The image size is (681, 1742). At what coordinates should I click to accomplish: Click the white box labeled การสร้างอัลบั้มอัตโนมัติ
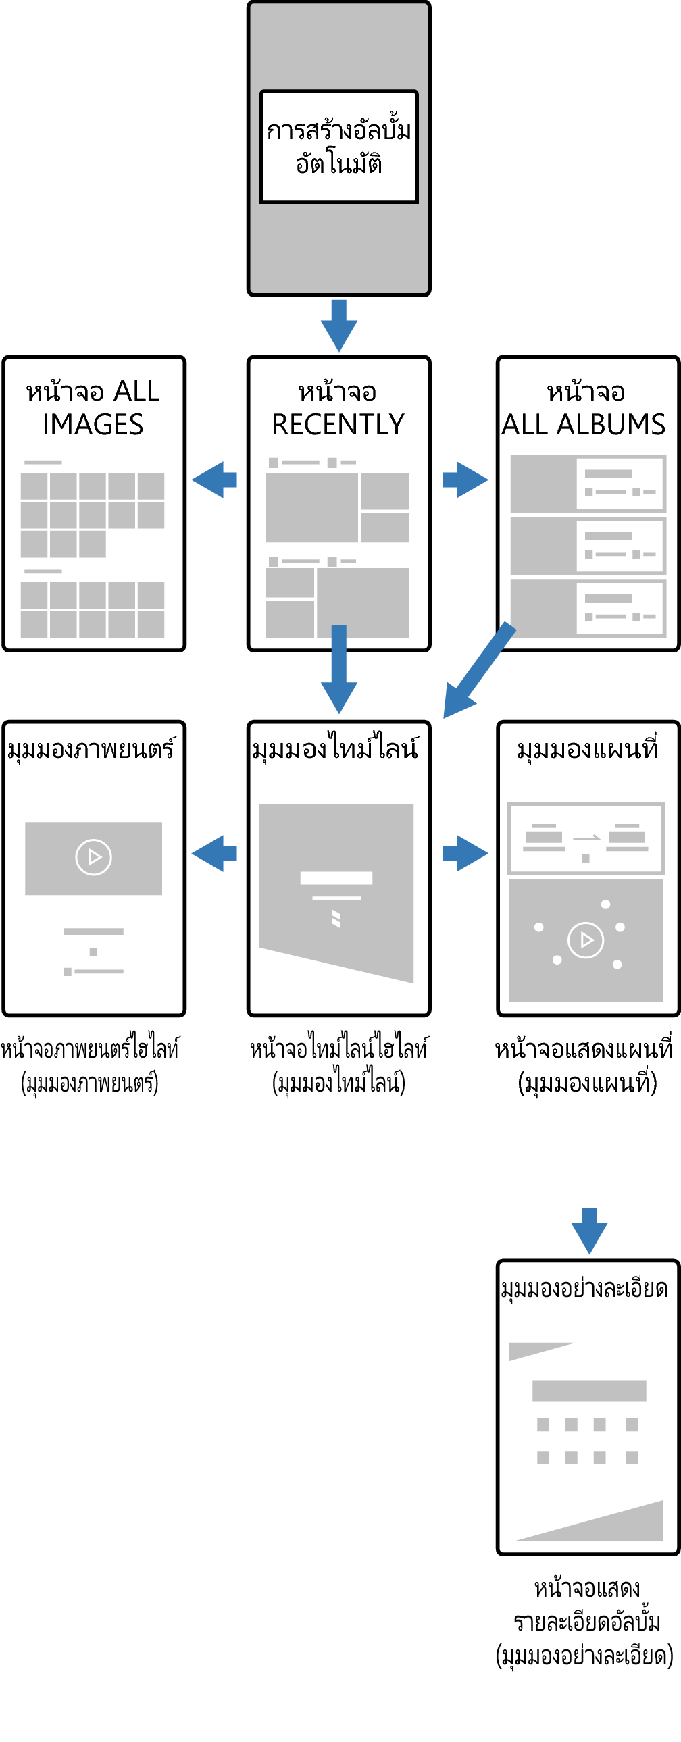(338, 146)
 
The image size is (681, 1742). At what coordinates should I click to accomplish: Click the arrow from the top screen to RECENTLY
(338, 325)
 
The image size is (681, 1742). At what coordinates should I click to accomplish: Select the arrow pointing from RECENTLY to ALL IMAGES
(214, 480)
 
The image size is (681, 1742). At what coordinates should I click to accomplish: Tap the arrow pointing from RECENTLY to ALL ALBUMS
(465, 480)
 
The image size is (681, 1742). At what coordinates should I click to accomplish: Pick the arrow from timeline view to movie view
(214, 853)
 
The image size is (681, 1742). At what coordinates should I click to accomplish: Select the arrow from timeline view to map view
(465, 853)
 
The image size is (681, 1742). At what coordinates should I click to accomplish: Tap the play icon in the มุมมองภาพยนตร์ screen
(93, 857)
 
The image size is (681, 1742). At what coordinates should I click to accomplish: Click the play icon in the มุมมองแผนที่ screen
(586, 940)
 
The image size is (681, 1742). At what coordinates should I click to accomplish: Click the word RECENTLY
(338, 425)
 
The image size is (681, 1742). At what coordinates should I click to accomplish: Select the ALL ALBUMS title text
(584, 425)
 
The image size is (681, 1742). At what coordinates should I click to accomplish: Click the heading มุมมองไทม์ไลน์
(335, 749)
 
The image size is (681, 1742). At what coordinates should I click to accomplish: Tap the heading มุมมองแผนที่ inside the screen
(588, 749)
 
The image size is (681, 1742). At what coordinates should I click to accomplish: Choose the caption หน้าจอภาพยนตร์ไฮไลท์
(90, 1049)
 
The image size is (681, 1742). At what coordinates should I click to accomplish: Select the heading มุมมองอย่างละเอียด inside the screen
(584, 1289)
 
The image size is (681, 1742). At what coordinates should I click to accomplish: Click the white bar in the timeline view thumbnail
(336, 878)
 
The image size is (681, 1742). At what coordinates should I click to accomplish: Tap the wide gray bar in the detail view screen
(589, 1390)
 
